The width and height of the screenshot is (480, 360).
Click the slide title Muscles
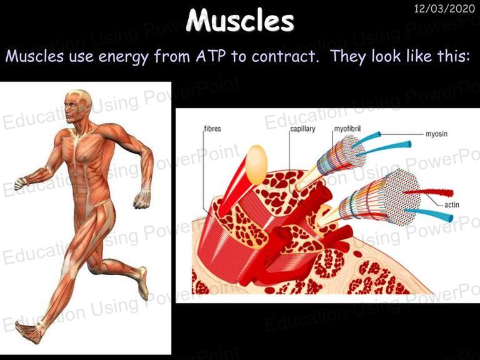point(240,20)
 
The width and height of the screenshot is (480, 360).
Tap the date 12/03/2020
point(444,8)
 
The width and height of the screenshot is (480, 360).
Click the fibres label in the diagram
point(212,129)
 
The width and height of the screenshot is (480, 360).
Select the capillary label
point(302,129)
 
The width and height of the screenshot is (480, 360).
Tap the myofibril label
point(347,129)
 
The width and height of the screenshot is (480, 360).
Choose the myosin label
point(436,134)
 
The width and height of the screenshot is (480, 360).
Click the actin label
point(452,204)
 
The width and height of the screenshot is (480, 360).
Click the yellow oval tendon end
point(256,165)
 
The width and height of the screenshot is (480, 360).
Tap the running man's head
point(77,106)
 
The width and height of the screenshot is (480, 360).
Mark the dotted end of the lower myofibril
point(402,197)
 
